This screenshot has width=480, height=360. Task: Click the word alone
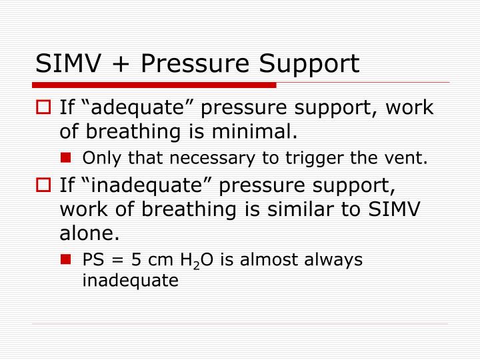[89, 233]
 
